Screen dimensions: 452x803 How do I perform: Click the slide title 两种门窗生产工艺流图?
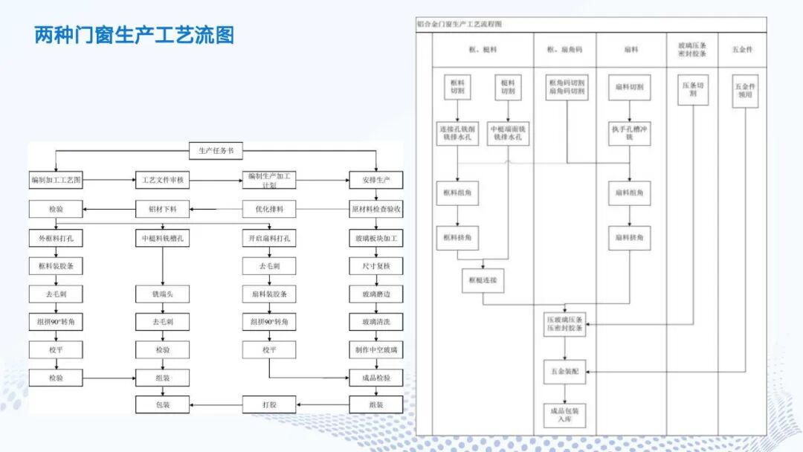point(135,35)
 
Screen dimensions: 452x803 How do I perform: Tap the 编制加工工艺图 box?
point(56,180)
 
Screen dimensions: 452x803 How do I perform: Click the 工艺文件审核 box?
point(162,180)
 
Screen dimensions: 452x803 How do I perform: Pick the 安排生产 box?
point(376,180)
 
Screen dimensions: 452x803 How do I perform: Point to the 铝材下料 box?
point(162,209)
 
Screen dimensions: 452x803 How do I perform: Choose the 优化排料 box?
point(269,209)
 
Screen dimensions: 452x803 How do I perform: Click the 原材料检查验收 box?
point(376,209)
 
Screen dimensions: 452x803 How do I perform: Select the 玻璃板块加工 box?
point(376,239)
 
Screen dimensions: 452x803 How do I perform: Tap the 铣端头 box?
point(162,294)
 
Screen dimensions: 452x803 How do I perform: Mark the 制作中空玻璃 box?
point(376,349)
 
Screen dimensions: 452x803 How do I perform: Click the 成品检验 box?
point(376,378)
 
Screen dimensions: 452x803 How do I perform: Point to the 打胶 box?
point(269,405)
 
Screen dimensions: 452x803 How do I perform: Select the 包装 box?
point(162,405)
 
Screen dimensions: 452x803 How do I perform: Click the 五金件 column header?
point(743,50)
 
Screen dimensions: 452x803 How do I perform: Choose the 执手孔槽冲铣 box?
point(629,133)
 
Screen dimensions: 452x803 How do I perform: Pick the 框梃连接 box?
point(483,280)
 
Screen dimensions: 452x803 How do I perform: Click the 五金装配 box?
point(565,371)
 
